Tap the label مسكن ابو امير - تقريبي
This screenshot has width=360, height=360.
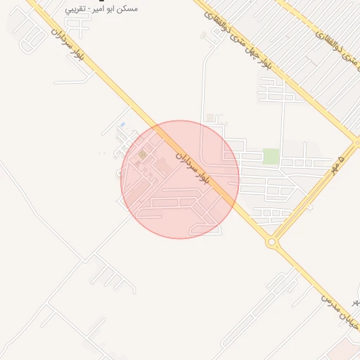(101, 9)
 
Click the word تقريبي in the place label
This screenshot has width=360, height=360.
(77, 9)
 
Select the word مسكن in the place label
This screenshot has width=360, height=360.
(127, 9)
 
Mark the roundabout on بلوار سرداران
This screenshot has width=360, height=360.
(271, 243)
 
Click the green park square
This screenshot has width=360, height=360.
(271, 156)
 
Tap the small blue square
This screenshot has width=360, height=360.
(122, 125)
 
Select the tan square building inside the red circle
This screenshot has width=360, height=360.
(143, 154)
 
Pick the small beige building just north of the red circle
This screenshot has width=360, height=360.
(210, 117)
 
